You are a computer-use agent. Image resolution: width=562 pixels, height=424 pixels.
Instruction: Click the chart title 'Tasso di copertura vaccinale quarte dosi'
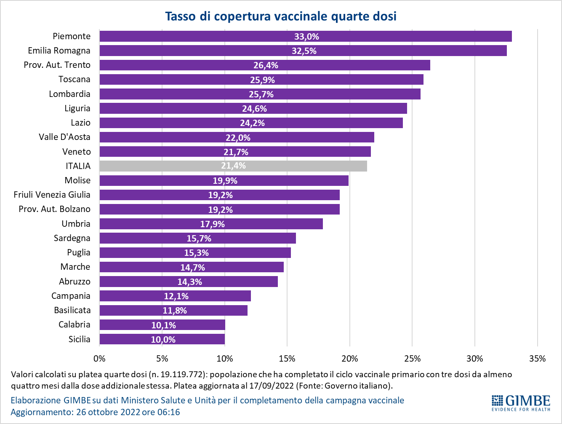pos(281,16)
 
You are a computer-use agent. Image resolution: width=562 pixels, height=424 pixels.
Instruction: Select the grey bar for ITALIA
pos(233,166)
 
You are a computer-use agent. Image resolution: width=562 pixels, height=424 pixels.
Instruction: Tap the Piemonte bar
pos(305,36)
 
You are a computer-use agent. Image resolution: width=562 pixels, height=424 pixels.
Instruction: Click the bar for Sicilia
pos(162,339)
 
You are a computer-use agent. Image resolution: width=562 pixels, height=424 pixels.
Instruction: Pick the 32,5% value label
pos(304,51)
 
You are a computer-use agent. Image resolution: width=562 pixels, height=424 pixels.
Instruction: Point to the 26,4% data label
pos(266,65)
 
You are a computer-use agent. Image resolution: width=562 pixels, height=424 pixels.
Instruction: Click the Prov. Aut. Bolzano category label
pos(54,209)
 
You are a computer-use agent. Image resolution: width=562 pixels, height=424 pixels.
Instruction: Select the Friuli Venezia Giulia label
pos(52,195)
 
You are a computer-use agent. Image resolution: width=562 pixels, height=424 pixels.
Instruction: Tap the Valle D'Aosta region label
pos(64,137)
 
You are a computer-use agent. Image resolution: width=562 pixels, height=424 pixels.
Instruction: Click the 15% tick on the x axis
pos(287,359)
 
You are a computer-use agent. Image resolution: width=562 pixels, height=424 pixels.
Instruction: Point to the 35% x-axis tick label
pos(537,359)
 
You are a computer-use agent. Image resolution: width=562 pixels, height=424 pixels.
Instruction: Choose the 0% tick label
pos(99,359)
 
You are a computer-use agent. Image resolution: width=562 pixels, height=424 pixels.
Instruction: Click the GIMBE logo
pos(521,403)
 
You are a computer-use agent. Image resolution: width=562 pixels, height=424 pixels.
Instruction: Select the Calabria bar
pos(162,325)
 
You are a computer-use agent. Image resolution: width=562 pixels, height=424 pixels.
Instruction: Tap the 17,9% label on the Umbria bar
pos(212,224)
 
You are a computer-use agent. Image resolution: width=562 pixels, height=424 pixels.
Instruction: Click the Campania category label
pos(71,296)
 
